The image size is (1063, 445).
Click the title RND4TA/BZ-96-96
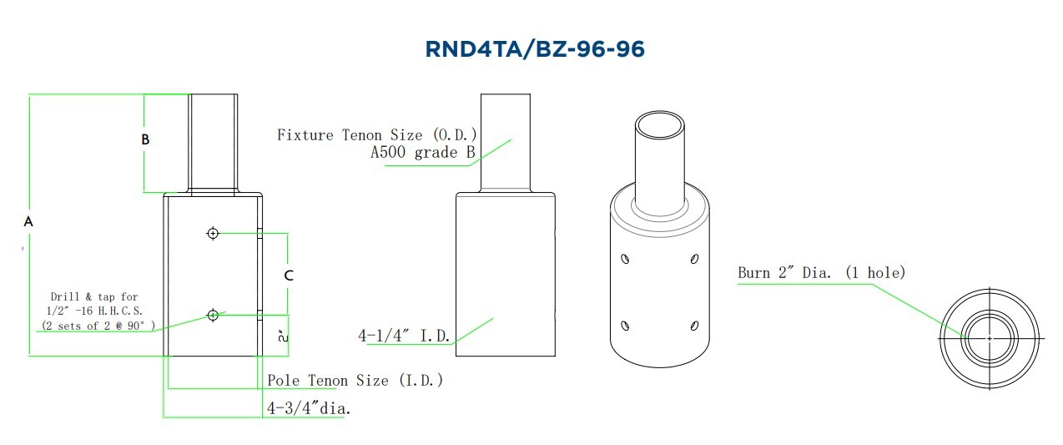point(535,49)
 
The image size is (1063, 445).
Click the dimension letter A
point(28,221)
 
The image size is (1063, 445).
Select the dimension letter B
point(145,139)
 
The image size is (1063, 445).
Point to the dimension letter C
point(289,276)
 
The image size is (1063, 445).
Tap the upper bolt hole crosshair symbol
point(213,233)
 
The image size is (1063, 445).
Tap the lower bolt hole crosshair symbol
point(213,315)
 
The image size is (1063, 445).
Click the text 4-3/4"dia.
point(309,408)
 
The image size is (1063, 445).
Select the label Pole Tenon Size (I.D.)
point(355,381)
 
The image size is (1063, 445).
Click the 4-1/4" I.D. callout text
point(404,336)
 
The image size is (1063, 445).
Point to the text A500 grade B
point(423,153)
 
